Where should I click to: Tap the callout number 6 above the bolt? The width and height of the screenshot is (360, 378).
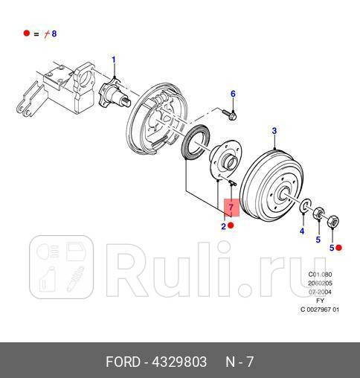pyautogui.click(x=233, y=94)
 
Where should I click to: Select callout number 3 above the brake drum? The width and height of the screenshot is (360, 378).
pyautogui.click(x=274, y=132)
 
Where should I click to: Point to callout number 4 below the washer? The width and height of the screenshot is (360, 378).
pyautogui.click(x=302, y=231)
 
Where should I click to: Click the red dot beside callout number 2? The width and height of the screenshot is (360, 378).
pyautogui.click(x=231, y=225)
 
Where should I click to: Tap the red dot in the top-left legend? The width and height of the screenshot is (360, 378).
pyautogui.click(x=26, y=33)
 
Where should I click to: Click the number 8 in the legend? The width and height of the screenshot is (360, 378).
pyautogui.click(x=54, y=33)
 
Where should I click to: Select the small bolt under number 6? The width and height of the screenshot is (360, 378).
pyautogui.click(x=230, y=114)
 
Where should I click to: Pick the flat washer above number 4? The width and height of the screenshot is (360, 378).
pyautogui.click(x=305, y=205)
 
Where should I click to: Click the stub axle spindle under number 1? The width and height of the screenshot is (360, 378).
pyautogui.click(x=119, y=94)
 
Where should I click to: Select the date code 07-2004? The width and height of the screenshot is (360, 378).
pyautogui.click(x=319, y=292)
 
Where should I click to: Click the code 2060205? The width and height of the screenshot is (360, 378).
pyautogui.click(x=319, y=283)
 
